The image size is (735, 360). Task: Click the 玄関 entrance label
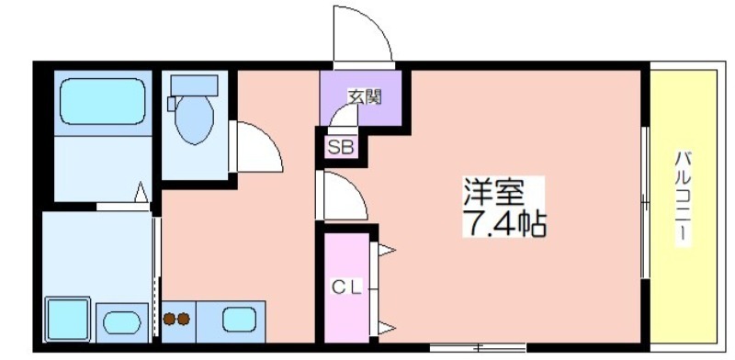(x=364, y=97)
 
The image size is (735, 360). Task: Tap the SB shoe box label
(x=342, y=148)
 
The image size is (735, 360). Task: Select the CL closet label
(x=347, y=287)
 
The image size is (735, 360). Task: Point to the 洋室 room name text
(x=493, y=192)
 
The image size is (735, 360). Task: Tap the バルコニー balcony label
(x=683, y=197)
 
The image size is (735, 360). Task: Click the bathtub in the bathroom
(x=103, y=101)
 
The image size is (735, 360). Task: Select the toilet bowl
(x=194, y=120)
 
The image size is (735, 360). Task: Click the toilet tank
(x=194, y=85)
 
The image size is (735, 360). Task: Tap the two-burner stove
(x=176, y=320)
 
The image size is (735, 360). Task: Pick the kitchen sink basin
(x=239, y=320)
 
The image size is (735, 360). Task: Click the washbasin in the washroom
(x=122, y=323)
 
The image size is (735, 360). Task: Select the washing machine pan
(x=68, y=319)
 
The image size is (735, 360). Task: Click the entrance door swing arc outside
(x=375, y=24)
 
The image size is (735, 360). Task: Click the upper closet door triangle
(x=387, y=251)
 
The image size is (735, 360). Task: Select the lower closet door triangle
(x=387, y=328)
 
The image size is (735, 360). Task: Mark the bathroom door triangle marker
(x=141, y=192)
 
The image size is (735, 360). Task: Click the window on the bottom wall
(x=478, y=348)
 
